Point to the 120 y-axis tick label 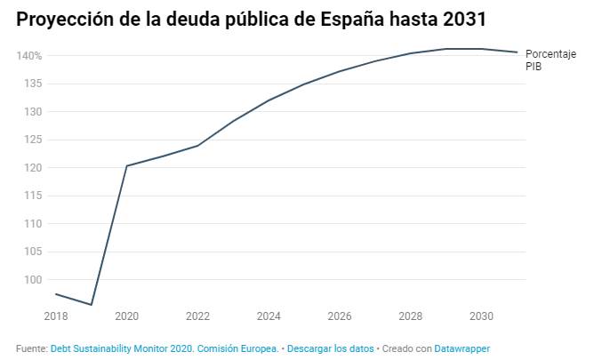(33, 168)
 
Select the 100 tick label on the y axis (33, 280)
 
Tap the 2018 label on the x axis (55, 316)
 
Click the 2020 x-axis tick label (126, 316)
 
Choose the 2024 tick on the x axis (269, 316)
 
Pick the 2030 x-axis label (481, 316)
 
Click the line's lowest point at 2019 (92, 305)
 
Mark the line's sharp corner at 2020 (127, 165)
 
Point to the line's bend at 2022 (197, 146)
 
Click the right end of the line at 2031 (517, 52)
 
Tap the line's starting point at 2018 (56, 294)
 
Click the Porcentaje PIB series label (550, 60)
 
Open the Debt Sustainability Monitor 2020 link (165, 349)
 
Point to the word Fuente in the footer (31, 349)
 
